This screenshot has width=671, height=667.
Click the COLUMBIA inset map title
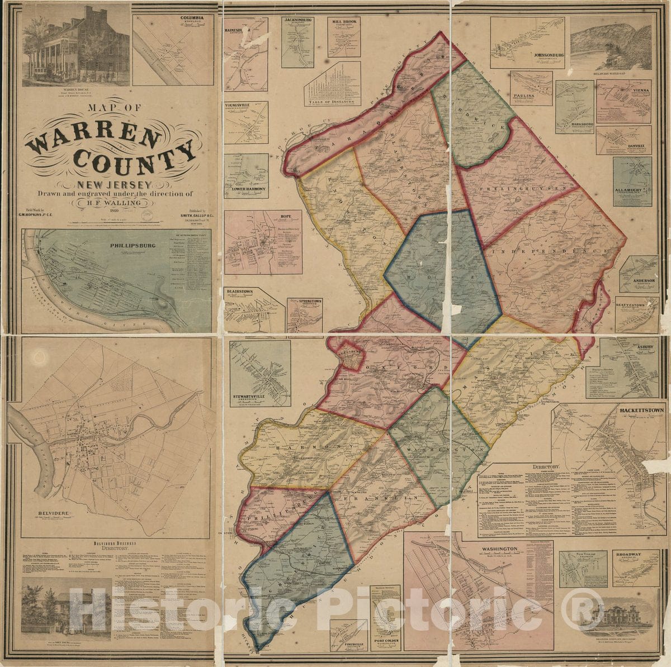point(188,18)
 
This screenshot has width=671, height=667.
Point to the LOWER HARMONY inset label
point(246,189)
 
